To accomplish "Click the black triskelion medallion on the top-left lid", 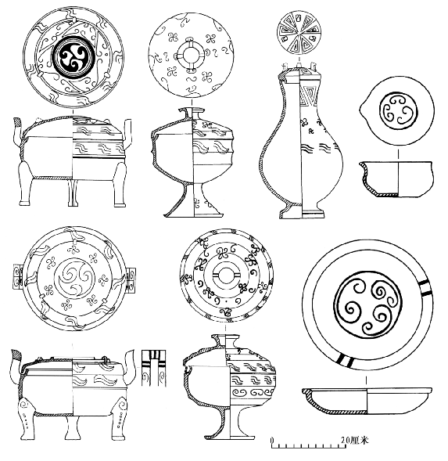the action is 73,56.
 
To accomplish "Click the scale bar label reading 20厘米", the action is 354,440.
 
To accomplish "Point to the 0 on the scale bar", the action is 272,441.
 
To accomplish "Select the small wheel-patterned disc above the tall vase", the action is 299,33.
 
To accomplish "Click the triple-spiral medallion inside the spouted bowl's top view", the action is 398,111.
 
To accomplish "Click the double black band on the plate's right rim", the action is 425,287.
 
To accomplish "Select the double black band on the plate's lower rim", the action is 345,360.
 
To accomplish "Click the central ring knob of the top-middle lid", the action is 190,55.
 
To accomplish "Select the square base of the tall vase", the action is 302,211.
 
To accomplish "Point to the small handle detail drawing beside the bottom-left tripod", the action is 153,368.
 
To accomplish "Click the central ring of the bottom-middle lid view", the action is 226,276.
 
